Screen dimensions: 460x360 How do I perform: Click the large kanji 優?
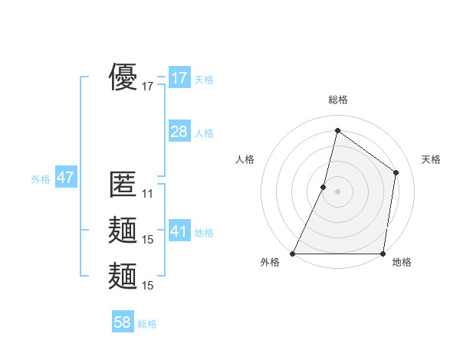123,77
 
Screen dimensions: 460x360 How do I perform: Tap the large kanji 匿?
123,185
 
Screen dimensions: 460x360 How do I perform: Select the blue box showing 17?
179,78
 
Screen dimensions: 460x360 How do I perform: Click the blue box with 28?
179,132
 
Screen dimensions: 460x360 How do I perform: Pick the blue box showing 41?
179,231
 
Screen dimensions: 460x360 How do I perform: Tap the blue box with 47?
65,178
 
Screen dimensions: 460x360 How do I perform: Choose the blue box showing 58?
123,322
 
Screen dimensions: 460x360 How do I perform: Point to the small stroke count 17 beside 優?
148,87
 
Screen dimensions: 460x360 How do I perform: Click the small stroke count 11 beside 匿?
148,194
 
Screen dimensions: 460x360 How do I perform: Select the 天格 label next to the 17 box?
204,80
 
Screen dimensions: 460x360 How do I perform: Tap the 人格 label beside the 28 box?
204,133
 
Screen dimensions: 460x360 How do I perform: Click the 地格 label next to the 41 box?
204,233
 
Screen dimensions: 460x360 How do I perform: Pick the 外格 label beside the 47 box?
41,179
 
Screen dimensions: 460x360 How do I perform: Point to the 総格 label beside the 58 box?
147,324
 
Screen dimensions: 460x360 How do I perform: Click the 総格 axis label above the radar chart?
337,100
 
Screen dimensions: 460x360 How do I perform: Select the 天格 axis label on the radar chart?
431,159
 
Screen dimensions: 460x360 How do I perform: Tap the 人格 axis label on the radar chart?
245,159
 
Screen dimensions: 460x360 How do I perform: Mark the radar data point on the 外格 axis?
293,253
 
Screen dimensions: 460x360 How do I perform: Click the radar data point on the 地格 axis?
383,253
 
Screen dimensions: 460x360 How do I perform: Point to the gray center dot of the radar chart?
337,191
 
